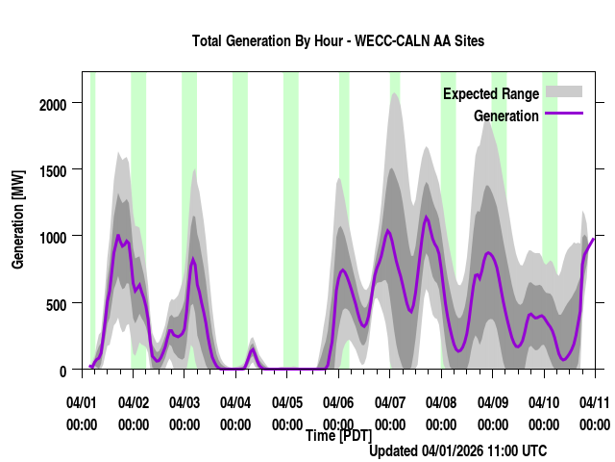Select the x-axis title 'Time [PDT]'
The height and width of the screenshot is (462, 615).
338,436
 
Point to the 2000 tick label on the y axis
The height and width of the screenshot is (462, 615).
54,103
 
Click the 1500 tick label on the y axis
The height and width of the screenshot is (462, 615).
54,169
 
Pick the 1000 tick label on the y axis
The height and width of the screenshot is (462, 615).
54,237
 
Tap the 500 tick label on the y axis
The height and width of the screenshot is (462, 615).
58,304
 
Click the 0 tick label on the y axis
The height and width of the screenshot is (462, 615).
64,371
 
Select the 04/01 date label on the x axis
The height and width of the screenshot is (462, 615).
82,401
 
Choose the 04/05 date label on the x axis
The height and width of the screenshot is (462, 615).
286,401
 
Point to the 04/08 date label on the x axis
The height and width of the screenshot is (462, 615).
440,401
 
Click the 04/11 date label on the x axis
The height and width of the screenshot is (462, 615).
594,401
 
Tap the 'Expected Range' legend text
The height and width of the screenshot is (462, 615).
491,94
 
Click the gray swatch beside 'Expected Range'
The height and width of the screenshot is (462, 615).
564,92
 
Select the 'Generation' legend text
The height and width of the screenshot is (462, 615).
506,116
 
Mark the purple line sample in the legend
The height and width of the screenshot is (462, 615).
564,115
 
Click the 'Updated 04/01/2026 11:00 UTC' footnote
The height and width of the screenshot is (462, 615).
457,450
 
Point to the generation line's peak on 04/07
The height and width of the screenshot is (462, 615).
388,230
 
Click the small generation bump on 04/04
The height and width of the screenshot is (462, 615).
253,350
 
